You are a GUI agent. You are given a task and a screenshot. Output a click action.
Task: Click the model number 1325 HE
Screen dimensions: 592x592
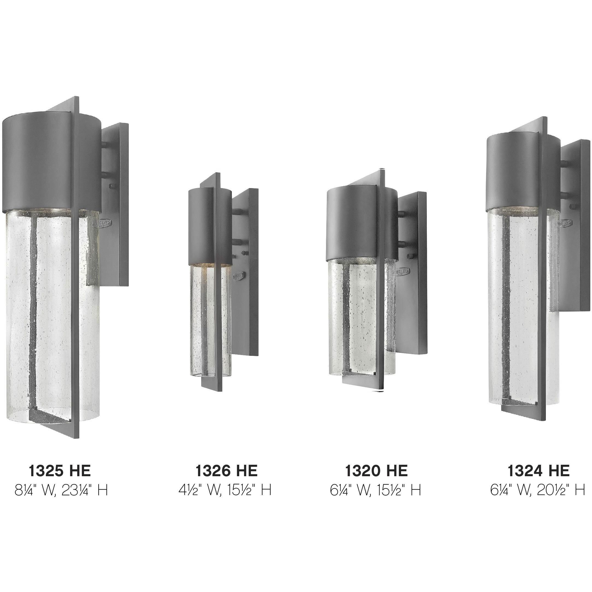point(60,470)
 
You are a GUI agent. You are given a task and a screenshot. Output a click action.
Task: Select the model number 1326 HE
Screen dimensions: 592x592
point(226,470)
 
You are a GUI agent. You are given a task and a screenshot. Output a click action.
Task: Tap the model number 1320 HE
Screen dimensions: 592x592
point(376,470)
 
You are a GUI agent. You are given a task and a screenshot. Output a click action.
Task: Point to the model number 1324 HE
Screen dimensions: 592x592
point(538,470)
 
